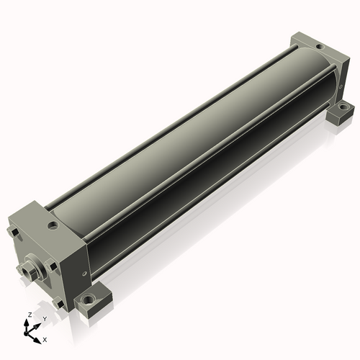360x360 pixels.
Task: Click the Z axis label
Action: click(30, 315)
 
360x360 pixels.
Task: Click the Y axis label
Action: click(45, 319)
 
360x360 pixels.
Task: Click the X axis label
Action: click(45, 340)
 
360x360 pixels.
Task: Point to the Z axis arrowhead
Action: click(26, 323)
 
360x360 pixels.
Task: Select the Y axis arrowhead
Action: click(37, 326)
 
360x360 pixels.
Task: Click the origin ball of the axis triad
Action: click(26, 333)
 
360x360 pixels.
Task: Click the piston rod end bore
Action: click(26, 272)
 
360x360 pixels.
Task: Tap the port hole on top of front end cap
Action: click(53, 225)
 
